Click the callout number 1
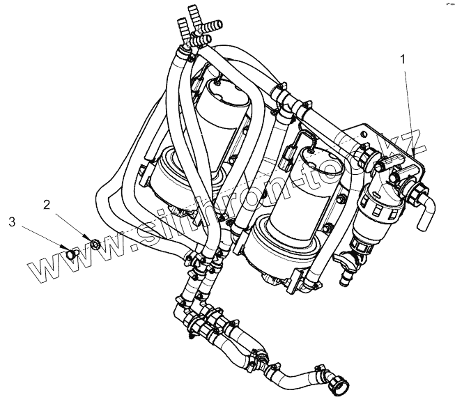tap(402, 61)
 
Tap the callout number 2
tap(47, 204)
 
